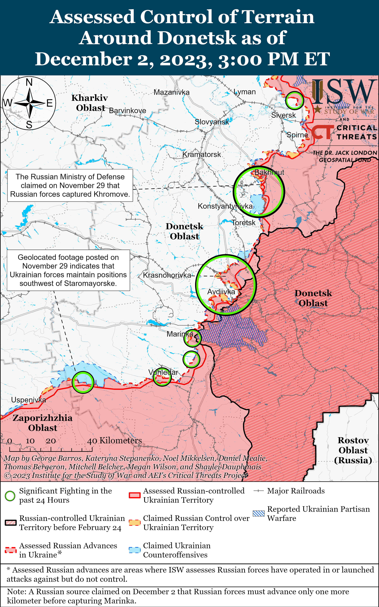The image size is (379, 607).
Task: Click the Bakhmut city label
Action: click(x=269, y=172)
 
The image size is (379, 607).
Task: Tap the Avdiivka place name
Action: click(x=221, y=292)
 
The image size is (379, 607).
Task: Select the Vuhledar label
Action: click(x=163, y=372)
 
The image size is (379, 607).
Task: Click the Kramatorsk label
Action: click(x=202, y=154)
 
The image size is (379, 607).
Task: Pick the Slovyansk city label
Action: click(x=212, y=122)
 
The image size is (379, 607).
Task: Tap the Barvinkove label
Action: click(x=128, y=111)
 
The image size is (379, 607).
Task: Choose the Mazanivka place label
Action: click(x=172, y=92)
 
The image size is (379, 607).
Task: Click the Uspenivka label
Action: click(x=29, y=400)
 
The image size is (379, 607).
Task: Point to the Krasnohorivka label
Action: click(x=167, y=275)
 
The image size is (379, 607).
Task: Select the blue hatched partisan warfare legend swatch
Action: click(x=258, y=513)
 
